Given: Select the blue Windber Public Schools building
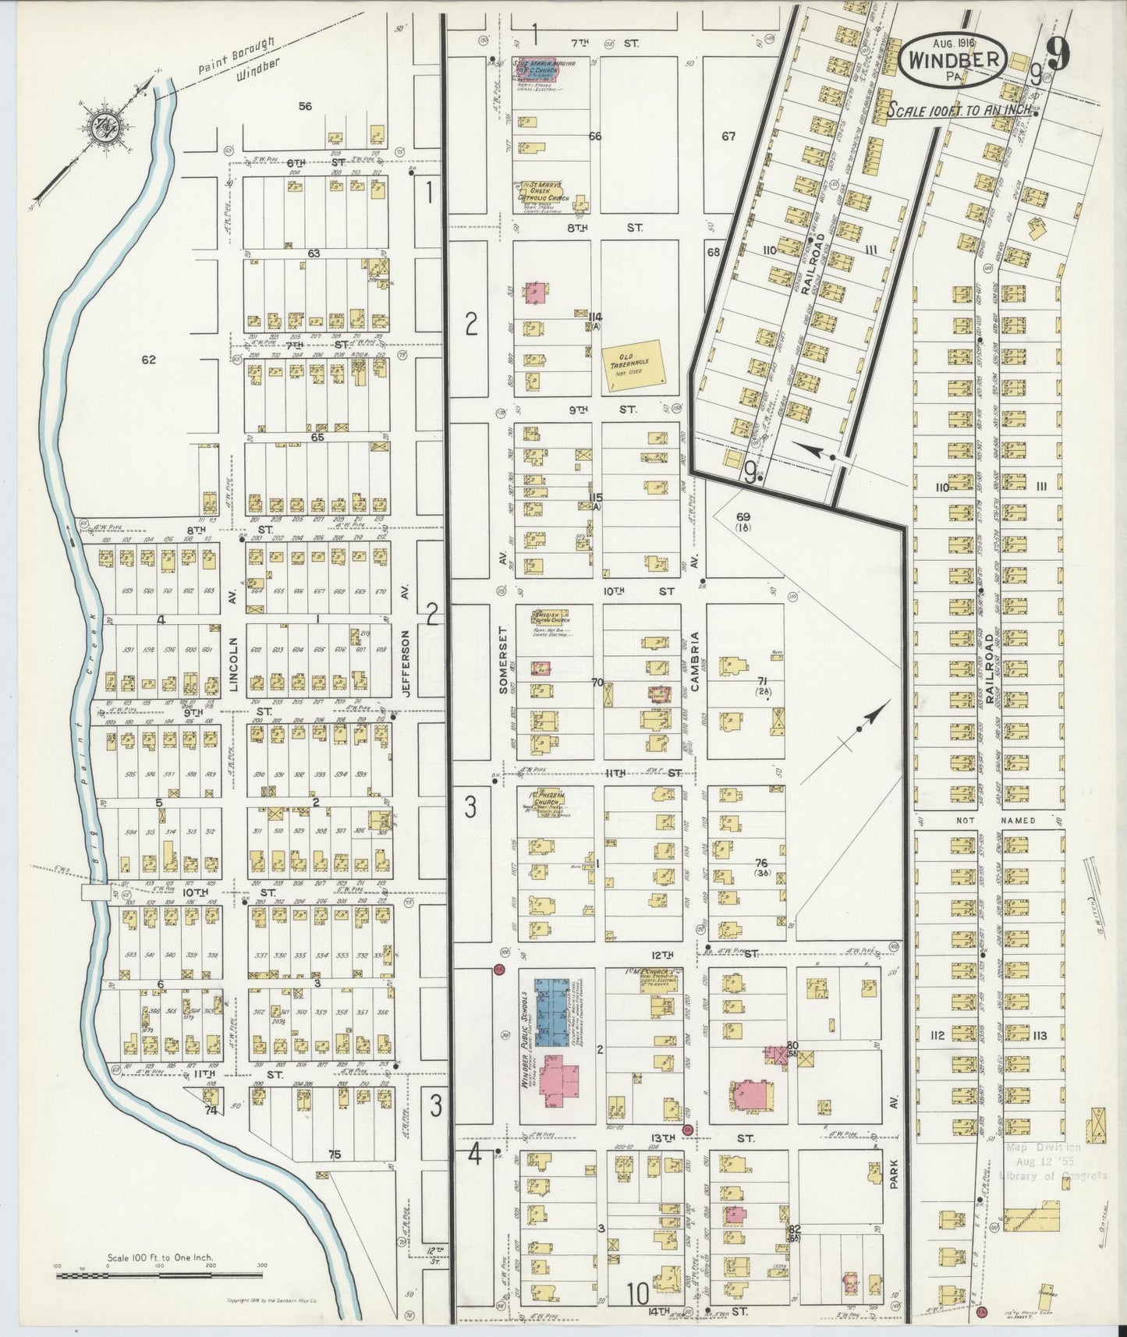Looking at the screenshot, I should [x=556, y=1013].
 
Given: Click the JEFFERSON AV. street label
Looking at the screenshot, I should [x=405, y=641].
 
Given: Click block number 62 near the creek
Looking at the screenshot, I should [x=149, y=360].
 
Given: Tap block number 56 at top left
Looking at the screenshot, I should [x=305, y=106].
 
